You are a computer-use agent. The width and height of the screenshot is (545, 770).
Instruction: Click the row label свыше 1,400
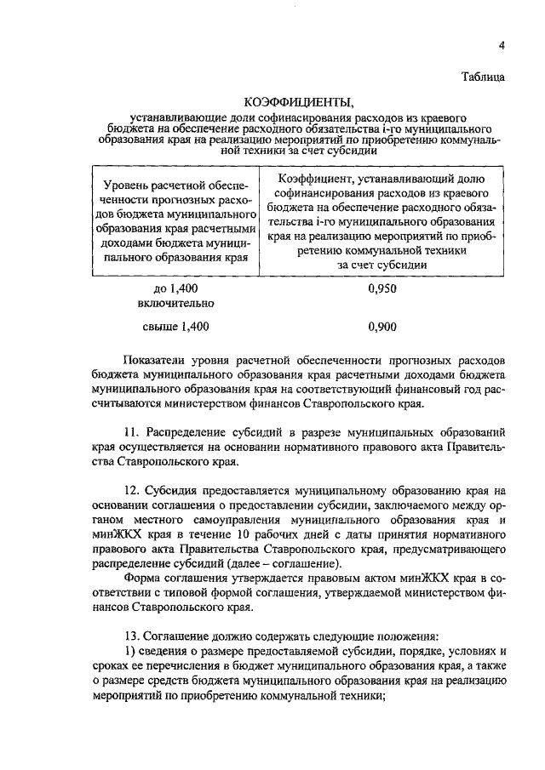[176, 325]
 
